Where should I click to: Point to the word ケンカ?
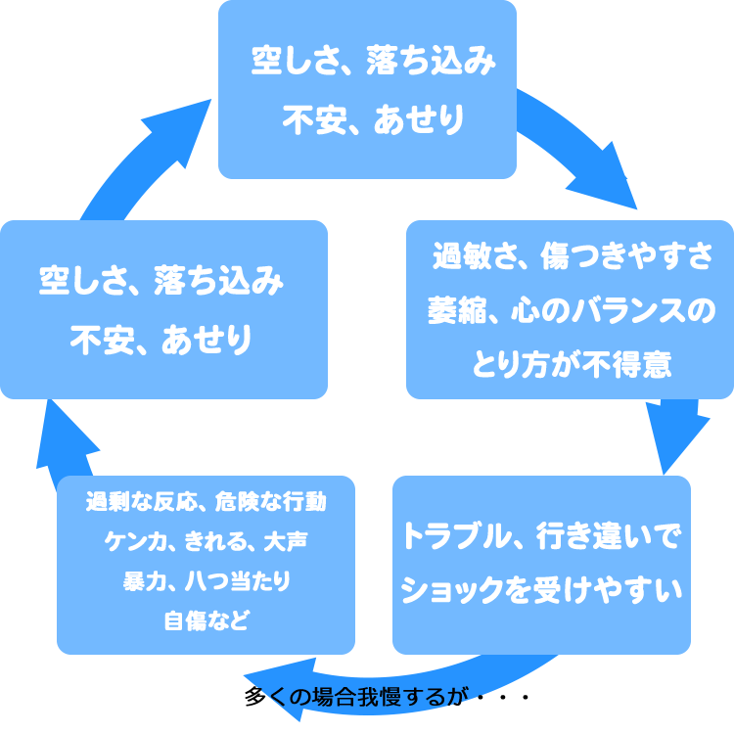click(130, 541)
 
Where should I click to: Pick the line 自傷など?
click(206, 619)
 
